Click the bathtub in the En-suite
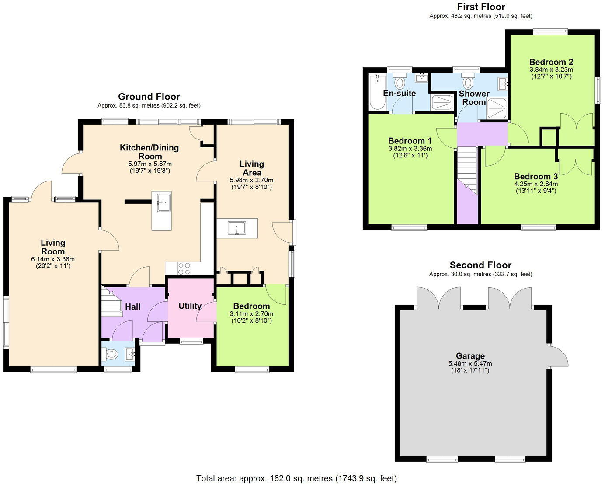[x=377, y=92]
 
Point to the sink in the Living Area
[x=237, y=228]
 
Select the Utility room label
[x=190, y=306]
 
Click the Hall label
[x=133, y=306]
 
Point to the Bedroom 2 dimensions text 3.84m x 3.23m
[x=551, y=70]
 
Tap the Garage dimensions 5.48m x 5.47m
[x=470, y=363]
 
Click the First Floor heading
[x=481, y=7]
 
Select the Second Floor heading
[x=480, y=265]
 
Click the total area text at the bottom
[x=296, y=478]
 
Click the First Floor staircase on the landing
[x=466, y=168]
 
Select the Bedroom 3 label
[x=535, y=176]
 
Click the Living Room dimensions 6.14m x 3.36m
[x=53, y=259]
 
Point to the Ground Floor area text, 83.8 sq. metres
[x=149, y=105]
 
